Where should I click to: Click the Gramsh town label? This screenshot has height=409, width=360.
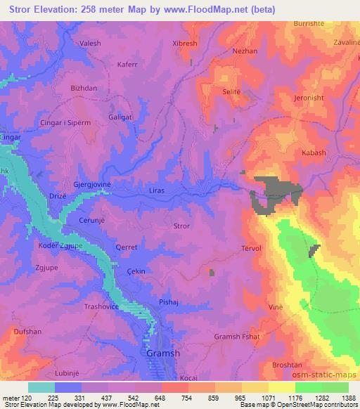pos(162,353)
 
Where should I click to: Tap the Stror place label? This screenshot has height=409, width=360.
pos(181,226)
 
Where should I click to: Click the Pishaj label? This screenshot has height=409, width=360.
pos(171,301)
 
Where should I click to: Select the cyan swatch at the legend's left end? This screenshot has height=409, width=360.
pos(41,387)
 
